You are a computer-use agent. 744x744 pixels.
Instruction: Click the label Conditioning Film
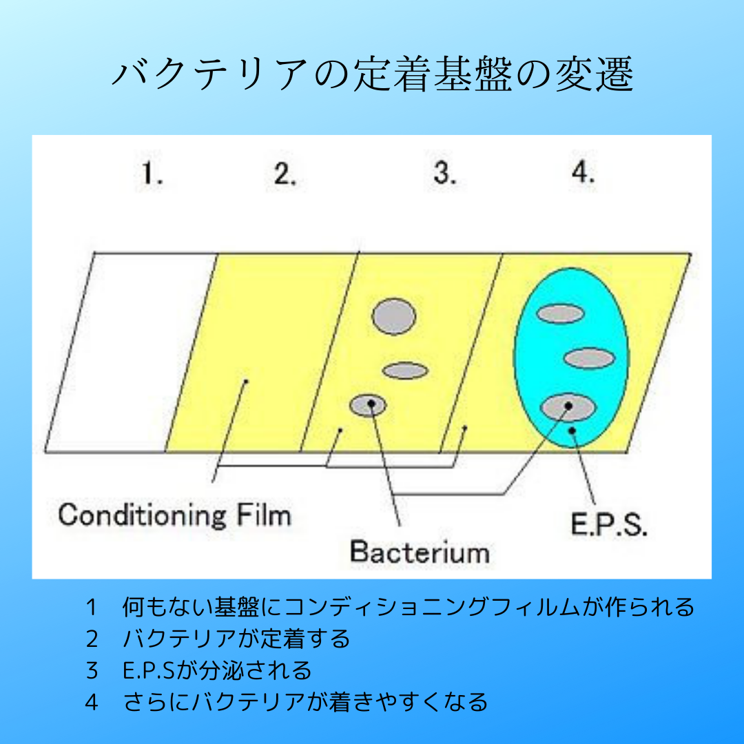tap(174, 515)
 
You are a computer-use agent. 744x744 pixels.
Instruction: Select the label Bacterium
tap(419, 551)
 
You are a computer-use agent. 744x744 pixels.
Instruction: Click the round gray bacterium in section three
tap(394, 316)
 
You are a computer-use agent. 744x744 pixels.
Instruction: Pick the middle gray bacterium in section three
tap(406, 371)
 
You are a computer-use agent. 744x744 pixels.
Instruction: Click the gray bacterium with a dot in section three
tap(368, 405)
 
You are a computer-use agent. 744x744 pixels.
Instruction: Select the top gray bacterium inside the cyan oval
tap(561, 314)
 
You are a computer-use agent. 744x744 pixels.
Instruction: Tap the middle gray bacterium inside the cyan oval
tap(589, 358)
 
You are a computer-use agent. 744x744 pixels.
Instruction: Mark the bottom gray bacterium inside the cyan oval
tap(568, 408)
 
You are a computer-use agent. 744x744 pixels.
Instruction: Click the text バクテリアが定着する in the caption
tap(236, 639)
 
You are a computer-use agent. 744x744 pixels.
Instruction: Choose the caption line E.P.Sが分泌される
tap(217, 670)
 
